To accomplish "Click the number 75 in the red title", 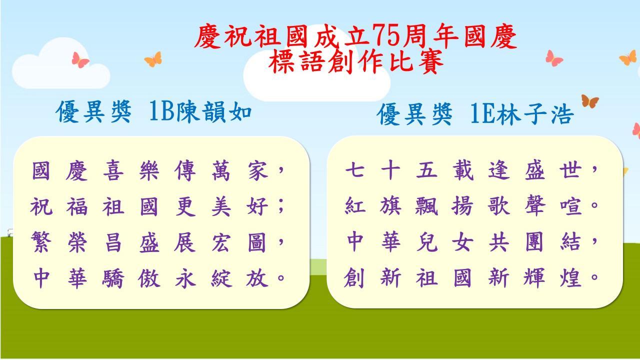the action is [386, 36].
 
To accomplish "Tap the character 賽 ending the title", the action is [430, 61].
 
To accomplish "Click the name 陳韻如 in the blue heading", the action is [214, 111].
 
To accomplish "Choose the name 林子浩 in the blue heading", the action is [535, 114].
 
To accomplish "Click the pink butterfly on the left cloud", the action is [80, 59].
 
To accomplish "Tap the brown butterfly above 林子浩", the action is [590, 101].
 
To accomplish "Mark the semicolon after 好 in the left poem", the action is [281, 206].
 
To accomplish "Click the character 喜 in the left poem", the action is [113, 170].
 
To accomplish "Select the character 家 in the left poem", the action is [257, 170].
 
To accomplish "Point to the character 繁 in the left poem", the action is [41, 242].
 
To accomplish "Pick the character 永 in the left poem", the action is [185, 277].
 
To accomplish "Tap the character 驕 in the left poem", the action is [113, 277].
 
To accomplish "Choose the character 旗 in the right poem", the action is [390, 205].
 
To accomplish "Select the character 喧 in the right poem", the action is [570, 205].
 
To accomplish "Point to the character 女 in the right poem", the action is [462, 241].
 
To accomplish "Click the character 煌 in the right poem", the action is [570, 277].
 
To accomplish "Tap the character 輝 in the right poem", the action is [534, 277].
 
